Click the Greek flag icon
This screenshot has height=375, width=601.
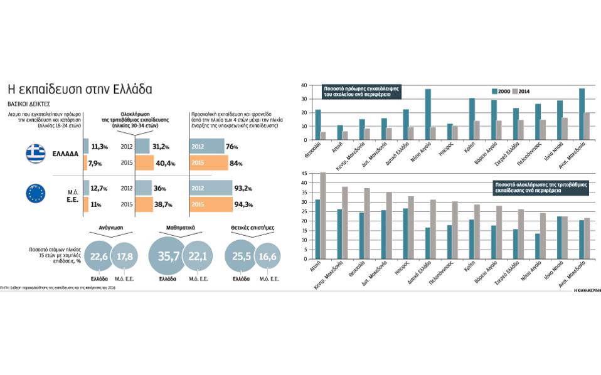tap(36, 154)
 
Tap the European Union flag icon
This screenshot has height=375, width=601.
tap(36, 193)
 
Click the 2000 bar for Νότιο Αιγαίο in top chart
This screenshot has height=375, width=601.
tap(428, 110)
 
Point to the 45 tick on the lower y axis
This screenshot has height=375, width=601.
tap(306, 174)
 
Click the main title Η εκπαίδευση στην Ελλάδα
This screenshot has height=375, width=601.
tap(78, 87)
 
